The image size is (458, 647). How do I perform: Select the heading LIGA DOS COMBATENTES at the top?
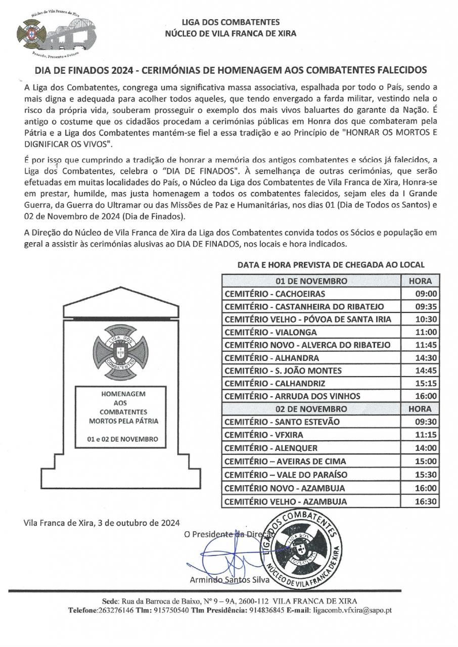[x=231, y=23]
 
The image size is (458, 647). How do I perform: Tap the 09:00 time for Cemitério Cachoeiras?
[x=426, y=294]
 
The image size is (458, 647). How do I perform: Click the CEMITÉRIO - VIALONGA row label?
[x=270, y=332]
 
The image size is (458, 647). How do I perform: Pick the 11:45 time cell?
[x=426, y=345]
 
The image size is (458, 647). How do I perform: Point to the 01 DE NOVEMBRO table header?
[x=311, y=281]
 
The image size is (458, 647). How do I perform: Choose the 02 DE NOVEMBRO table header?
[x=311, y=409]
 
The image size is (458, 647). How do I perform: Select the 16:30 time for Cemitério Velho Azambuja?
[x=426, y=501]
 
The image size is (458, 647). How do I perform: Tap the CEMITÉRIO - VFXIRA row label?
[x=264, y=435]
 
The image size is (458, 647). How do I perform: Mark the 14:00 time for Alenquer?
[x=426, y=448]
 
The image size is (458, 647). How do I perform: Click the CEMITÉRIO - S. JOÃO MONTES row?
[x=283, y=371]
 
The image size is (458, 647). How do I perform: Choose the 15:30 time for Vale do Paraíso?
[x=426, y=475]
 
